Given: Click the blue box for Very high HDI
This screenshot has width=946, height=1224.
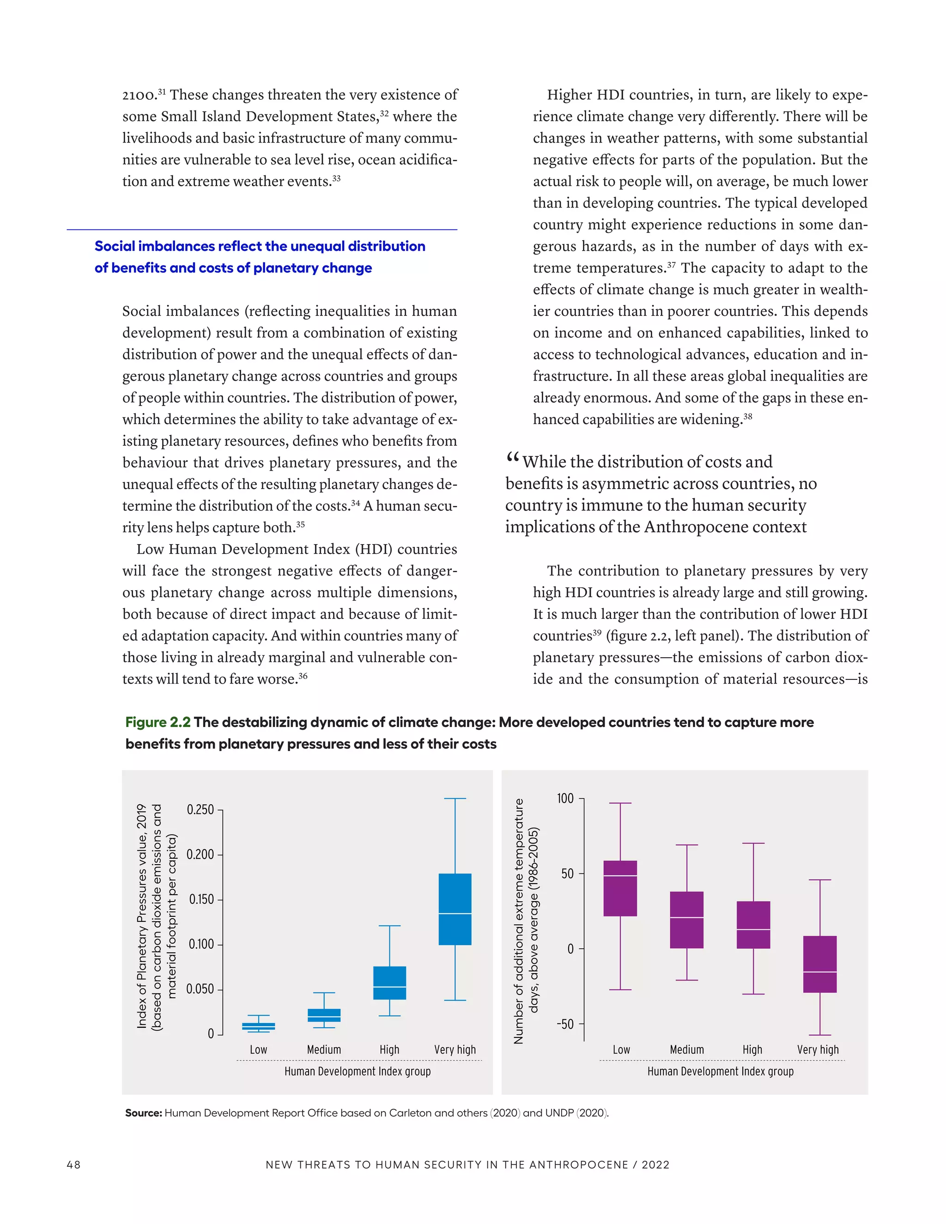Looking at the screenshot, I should click(x=455, y=909).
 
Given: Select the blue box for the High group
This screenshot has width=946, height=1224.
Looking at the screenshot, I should click(x=389, y=982).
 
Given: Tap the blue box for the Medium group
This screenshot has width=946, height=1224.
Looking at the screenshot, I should click(x=324, y=1015).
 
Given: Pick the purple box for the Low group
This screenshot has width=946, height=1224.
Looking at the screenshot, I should click(x=620, y=888).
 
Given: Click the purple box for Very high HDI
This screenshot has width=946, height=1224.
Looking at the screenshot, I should click(x=819, y=964).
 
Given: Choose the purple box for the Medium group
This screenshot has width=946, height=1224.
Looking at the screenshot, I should click(x=686, y=920).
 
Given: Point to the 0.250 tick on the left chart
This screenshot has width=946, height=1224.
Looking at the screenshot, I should click(x=200, y=810).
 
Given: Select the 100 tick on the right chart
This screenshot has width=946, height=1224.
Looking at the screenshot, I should click(x=565, y=798).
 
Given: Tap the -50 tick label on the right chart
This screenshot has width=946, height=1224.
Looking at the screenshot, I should click(x=565, y=1024).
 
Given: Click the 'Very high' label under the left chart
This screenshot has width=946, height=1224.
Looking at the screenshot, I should click(x=455, y=1050).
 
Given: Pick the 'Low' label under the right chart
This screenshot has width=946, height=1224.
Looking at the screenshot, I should click(x=621, y=1050).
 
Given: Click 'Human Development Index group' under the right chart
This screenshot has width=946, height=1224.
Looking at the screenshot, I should click(x=720, y=1072).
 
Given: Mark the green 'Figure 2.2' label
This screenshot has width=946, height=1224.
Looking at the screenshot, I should click(x=158, y=722).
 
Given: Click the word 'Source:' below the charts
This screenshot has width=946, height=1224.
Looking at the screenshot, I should click(x=144, y=1113).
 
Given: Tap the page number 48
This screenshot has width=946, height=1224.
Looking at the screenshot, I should click(x=73, y=1164).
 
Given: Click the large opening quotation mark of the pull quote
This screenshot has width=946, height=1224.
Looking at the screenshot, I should click(x=512, y=459).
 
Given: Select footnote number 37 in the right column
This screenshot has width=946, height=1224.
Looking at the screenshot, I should click(x=671, y=265).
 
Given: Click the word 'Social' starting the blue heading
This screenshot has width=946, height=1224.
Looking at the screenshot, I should click(x=115, y=246).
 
